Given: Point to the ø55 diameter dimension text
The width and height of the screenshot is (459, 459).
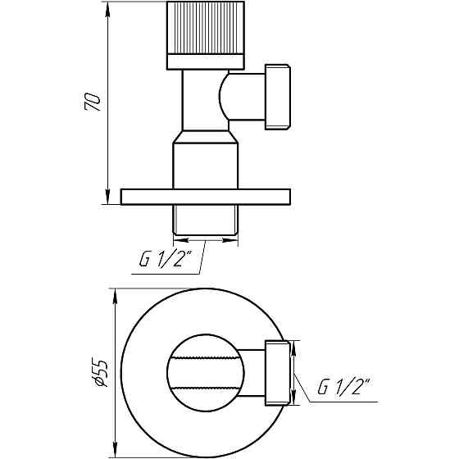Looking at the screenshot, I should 99,373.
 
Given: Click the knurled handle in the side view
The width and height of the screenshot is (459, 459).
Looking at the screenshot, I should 205,28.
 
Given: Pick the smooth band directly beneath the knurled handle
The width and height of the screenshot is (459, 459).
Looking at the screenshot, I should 205,61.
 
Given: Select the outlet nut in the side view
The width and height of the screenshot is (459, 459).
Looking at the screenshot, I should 276,97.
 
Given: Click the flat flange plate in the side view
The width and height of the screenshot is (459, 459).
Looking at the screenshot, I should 205,197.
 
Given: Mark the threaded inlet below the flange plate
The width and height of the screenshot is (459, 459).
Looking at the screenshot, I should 205,220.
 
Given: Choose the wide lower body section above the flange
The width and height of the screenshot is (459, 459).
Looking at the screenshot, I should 205,164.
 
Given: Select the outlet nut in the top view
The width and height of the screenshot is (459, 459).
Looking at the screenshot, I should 277,373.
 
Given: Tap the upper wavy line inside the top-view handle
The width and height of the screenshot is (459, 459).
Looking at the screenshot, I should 205,358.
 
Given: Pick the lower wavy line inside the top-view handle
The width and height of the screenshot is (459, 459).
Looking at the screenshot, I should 205,388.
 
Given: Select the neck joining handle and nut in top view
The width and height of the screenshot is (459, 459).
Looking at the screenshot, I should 253,373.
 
